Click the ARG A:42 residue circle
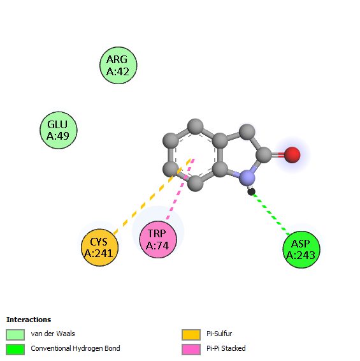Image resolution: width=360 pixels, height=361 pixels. (x=119, y=66)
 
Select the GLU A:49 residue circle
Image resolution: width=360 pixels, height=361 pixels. (x=59, y=130)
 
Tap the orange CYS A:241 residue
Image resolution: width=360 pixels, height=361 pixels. (x=99, y=247)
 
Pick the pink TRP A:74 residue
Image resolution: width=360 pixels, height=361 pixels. (x=158, y=239)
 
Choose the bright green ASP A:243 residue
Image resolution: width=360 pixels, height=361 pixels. (x=301, y=249)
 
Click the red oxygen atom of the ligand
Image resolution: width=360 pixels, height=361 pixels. (x=292, y=155)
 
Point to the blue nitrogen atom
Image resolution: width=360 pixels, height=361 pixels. (x=247, y=178)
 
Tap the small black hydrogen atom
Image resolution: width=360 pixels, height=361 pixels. (x=252, y=191)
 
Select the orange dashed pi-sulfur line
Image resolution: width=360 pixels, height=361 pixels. (x=152, y=196)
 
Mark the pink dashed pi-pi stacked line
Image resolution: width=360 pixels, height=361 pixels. (x=180, y=189)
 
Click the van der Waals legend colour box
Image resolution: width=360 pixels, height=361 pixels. (x=15, y=335)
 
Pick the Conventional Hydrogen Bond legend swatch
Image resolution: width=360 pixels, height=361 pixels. (x=15, y=350)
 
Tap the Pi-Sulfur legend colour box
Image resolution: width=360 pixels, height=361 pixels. (x=191, y=335)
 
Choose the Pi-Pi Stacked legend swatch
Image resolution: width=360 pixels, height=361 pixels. (x=191, y=350)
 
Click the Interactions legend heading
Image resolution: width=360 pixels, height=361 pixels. (x=29, y=320)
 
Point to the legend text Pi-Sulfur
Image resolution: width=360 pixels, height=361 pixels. (x=219, y=334)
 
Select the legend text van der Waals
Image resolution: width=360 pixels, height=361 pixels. (x=53, y=334)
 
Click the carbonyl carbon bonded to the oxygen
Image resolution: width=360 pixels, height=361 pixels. (x=264, y=155)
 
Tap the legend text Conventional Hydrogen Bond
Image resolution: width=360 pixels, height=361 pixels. (x=75, y=348)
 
